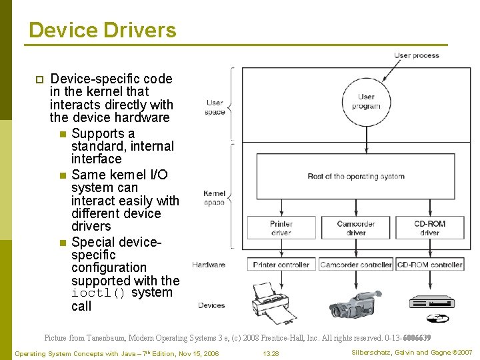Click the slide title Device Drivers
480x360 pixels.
(103, 31)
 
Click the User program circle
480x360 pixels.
(366, 101)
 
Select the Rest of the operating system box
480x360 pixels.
(356, 177)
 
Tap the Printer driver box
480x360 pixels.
(281, 229)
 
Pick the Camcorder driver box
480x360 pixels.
(356, 229)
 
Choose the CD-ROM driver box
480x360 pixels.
(429, 229)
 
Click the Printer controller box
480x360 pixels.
(281, 265)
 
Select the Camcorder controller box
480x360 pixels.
(356, 265)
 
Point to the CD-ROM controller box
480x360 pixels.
(429, 265)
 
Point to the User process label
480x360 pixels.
(417, 55)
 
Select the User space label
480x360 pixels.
(215, 107)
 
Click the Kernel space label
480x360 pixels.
(214, 197)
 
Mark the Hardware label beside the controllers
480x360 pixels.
(209, 265)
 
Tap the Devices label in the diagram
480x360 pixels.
(211, 305)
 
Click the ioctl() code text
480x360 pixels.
(98, 293)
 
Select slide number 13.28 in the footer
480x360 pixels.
(271, 353)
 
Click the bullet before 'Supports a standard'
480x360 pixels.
(62, 134)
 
